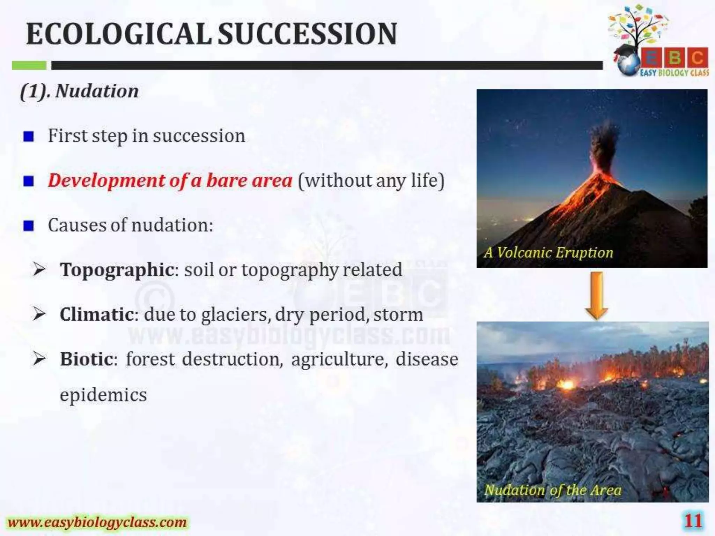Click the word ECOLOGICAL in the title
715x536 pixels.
119,34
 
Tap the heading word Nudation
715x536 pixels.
97,91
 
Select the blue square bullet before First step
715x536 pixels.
28,136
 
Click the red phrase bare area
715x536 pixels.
249,181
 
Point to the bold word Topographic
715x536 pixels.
117,270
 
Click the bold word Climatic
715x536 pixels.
97,314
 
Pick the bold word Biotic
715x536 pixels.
86,359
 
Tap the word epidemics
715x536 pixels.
103,395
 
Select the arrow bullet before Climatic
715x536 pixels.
39,314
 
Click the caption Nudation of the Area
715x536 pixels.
553,490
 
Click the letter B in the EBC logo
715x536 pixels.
675,58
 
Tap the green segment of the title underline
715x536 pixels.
29,65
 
